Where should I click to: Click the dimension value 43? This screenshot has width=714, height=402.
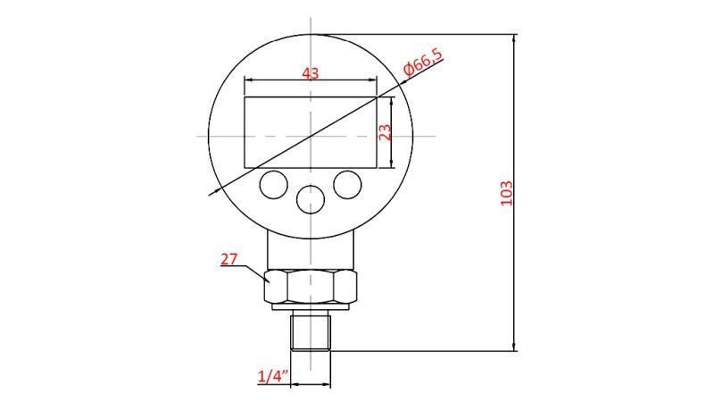click(x=311, y=72)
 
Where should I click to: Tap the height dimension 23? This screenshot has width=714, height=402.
click(x=385, y=132)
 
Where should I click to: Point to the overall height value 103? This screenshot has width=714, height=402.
click(x=506, y=193)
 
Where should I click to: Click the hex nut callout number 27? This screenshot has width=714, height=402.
click(x=229, y=259)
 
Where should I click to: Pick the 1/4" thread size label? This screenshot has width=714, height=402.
click(x=270, y=377)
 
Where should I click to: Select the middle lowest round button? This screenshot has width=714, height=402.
click(x=310, y=199)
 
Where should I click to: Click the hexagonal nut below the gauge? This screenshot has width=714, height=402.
click(x=311, y=287)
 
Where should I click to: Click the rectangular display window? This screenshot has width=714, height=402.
click(x=311, y=132)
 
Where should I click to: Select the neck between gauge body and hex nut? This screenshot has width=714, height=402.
click(x=311, y=248)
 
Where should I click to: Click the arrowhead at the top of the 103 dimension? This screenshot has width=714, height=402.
click(x=515, y=38)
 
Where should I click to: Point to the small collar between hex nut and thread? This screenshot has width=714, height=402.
click(x=311, y=311)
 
